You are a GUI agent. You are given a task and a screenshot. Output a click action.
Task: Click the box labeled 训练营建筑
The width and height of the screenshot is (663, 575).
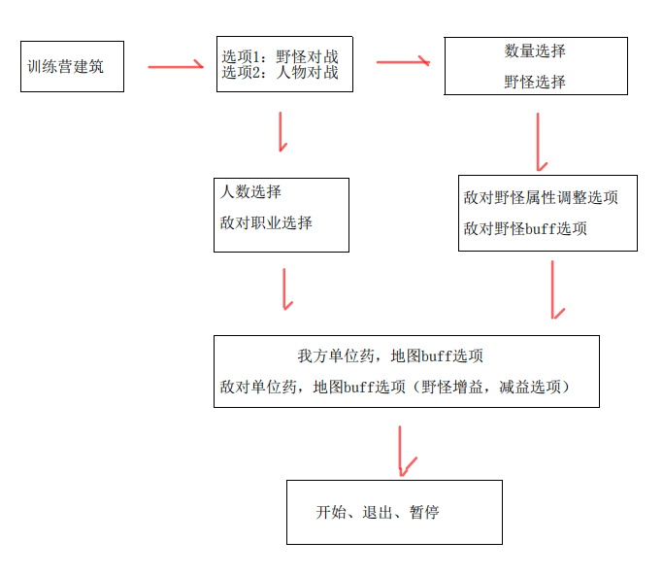[x=72, y=66]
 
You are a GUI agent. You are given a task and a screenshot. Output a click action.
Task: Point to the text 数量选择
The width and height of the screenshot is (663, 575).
[x=535, y=51]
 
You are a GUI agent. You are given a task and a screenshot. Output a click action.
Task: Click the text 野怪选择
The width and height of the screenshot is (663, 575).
[x=535, y=82]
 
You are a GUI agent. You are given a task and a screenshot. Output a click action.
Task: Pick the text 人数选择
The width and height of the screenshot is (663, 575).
[x=251, y=192]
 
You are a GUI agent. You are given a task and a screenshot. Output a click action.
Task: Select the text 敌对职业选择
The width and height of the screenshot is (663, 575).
[x=266, y=222]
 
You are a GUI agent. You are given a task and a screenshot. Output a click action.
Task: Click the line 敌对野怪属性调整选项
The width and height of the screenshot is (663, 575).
[x=541, y=198]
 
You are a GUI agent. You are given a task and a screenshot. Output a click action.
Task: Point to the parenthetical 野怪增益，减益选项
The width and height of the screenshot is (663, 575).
[x=494, y=387]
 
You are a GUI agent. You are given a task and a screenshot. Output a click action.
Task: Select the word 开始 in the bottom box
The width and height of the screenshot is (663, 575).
[x=331, y=512]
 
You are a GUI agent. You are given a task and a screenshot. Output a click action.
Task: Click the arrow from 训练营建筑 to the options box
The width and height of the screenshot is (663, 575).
[x=176, y=67]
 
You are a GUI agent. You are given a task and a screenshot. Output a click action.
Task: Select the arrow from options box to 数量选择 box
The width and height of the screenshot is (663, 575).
[x=403, y=61]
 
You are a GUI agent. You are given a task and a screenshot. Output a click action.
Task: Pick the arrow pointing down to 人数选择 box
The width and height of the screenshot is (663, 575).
[x=282, y=131]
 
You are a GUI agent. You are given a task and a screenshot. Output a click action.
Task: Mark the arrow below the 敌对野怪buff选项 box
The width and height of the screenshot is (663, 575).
[x=554, y=288]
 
